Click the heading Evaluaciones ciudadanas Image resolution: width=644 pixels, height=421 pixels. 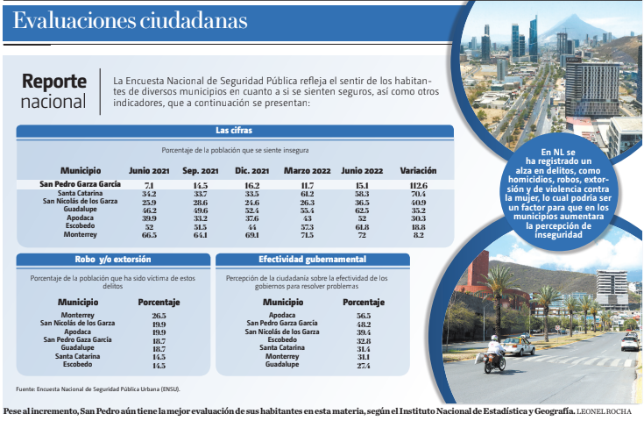(x=131, y=20)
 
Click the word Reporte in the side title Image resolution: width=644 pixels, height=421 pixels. (x=54, y=81)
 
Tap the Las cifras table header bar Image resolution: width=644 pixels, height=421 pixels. (x=235, y=131)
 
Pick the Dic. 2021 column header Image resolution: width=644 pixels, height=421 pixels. (x=251, y=169)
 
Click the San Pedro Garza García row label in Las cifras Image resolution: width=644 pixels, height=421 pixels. (x=81, y=185)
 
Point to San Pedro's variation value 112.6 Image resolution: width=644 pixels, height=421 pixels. (x=418, y=185)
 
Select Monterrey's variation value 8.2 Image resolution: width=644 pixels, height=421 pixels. (x=418, y=235)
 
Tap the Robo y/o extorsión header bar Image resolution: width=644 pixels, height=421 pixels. (x=113, y=260)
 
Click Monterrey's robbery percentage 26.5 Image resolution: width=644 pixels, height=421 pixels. (x=159, y=315)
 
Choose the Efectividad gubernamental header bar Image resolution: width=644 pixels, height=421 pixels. (x=313, y=260)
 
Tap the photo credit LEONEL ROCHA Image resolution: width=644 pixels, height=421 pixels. (x=605, y=410)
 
